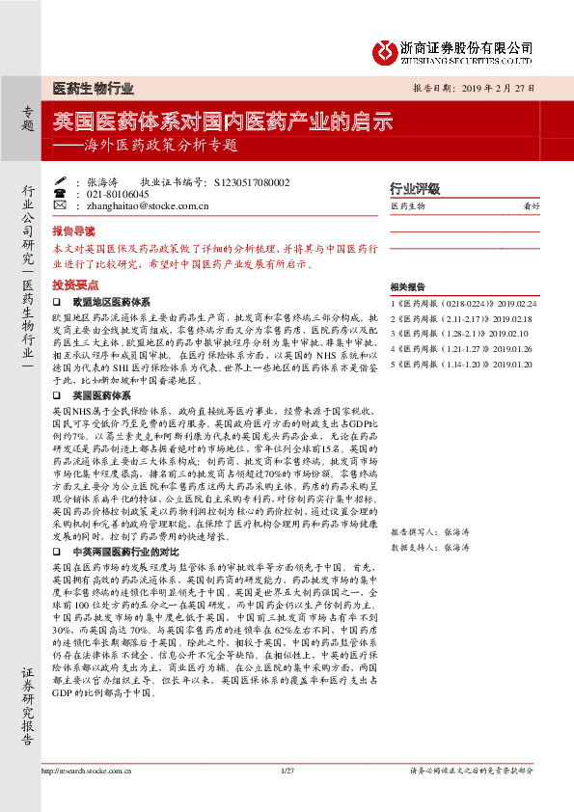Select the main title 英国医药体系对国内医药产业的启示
coord(222,122)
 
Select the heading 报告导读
coord(74,231)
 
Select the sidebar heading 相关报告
coord(408,286)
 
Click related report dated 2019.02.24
coord(463,304)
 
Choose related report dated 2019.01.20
coord(464,365)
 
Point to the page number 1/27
coord(287,797)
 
